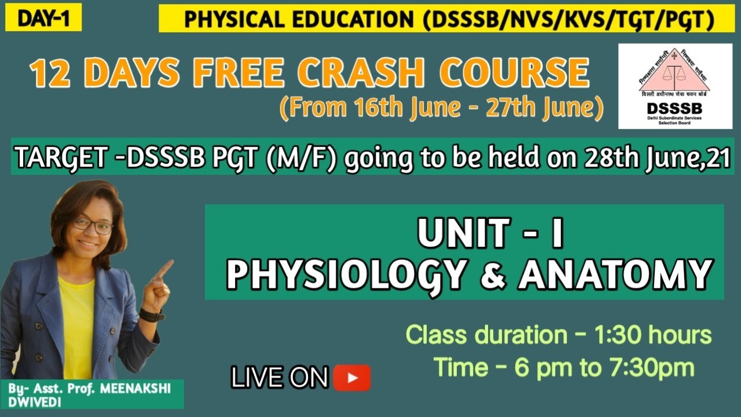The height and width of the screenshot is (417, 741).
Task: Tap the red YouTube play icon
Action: coord(351,378)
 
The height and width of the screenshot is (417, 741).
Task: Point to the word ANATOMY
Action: coord(614,275)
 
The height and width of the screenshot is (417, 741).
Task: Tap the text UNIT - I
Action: coord(490,234)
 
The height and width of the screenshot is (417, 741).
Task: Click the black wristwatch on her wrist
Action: coord(152,316)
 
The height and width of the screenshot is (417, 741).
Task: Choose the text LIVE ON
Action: coord(280,378)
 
